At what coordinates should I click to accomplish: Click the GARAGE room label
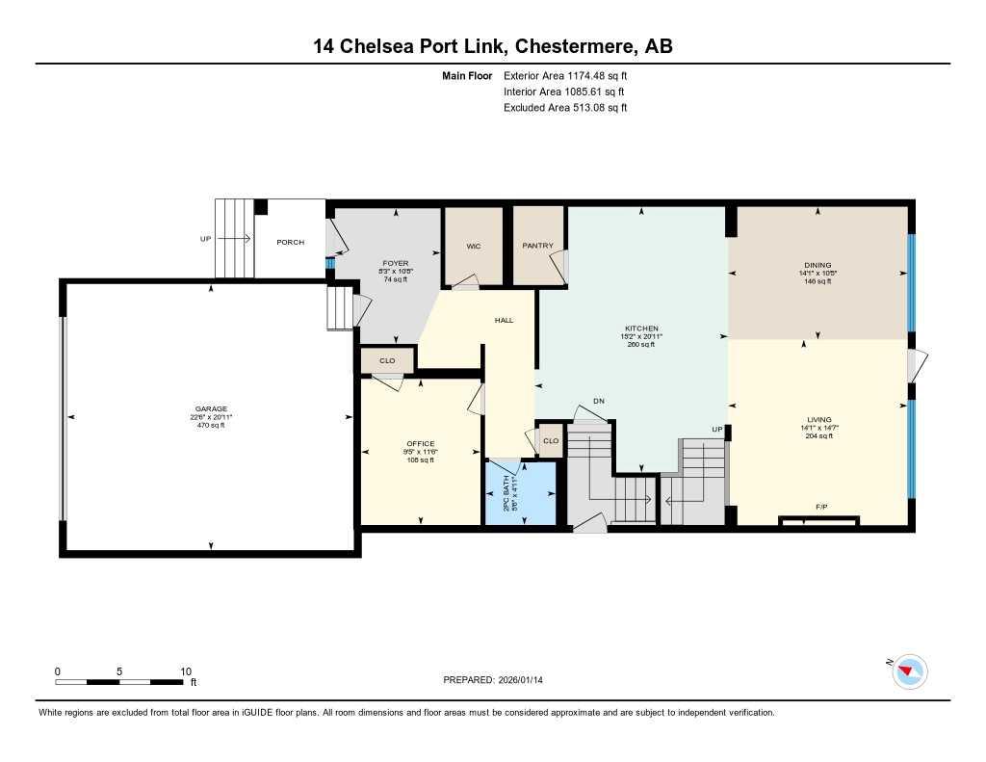point(210,408)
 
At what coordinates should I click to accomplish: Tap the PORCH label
point(290,242)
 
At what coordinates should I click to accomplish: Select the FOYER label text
point(396,263)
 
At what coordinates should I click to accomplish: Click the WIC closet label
point(473,247)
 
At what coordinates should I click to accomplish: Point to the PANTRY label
point(538,246)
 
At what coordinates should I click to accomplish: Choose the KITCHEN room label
point(640,328)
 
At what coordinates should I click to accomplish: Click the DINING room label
point(817,265)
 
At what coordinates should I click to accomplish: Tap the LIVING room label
point(817,420)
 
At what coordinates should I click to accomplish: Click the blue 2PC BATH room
point(521,493)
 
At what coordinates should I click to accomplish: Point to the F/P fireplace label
point(821,507)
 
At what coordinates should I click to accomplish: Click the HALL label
point(504,320)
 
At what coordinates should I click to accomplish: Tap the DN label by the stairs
point(598,401)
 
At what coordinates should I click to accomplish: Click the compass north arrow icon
point(909,670)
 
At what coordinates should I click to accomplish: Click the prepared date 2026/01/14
point(527,680)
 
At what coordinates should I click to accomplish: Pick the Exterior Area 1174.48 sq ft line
point(565,75)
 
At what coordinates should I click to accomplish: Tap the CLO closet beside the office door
point(387,361)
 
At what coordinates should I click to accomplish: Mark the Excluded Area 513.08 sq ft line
point(565,108)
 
